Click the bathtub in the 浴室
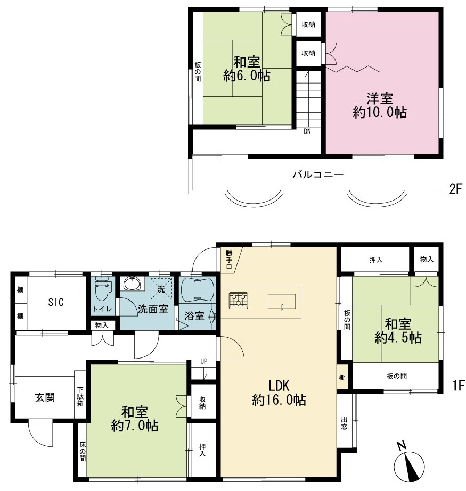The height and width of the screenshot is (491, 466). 198,289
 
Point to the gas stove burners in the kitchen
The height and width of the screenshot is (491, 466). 239,301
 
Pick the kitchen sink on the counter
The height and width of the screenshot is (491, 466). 282,302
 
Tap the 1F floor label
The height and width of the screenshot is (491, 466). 457,385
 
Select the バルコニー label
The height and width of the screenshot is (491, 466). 318,174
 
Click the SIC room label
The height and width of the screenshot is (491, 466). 56,302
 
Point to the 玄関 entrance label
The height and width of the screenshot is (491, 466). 45,397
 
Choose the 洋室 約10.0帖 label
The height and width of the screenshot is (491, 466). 380,105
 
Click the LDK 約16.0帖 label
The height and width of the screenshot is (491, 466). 279,393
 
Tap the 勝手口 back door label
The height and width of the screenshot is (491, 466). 229,260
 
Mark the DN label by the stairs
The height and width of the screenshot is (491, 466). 307,131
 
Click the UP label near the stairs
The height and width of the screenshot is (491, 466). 204,361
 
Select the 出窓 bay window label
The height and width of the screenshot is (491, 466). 345,423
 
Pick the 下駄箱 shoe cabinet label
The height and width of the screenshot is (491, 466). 80,396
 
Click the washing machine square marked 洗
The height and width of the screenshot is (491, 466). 161,288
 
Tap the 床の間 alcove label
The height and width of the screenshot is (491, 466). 82,451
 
